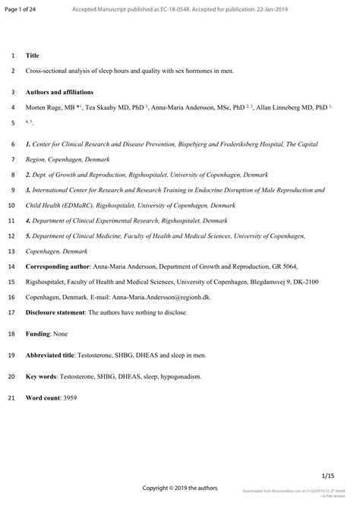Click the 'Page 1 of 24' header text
point(20,8)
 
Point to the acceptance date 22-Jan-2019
point(298,8)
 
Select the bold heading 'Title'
point(33,55)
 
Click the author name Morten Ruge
point(47,109)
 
